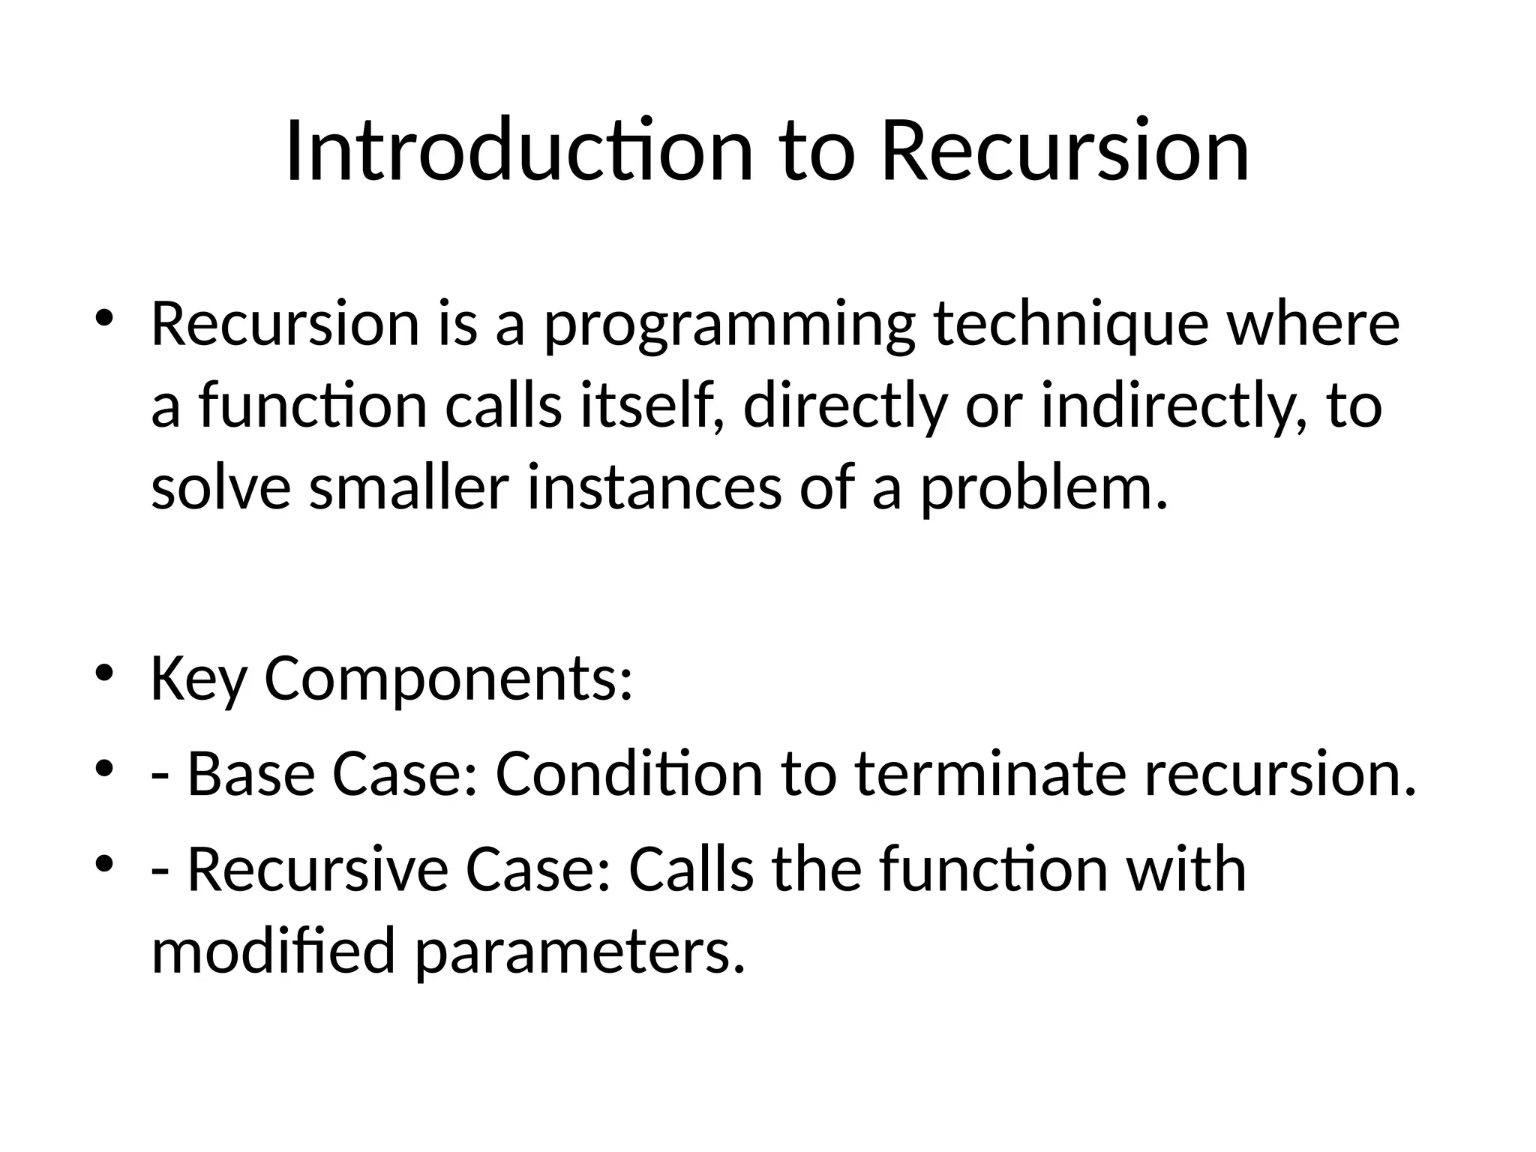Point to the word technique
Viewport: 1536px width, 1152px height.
[x=1071, y=325]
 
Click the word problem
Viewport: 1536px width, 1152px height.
[x=1044, y=488]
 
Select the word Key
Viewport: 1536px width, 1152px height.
[x=198, y=679]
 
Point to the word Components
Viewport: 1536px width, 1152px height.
[x=448, y=679]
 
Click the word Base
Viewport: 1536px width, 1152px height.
[x=250, y=774]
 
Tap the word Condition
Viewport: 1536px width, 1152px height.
[x=628, y=774]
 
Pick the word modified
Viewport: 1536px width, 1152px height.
[x=273, y=951]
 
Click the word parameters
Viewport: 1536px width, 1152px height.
[x=580, y=951]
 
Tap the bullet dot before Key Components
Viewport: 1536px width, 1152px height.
[x=104, y=673]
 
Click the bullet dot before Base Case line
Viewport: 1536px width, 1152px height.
[x=104, y=769]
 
